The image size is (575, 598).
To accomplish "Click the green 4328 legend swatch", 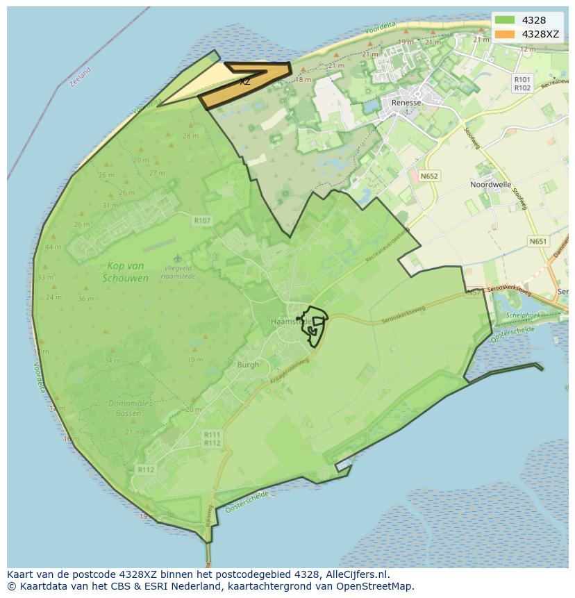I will click(505, 20).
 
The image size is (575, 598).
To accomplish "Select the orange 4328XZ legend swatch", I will click(505, 34).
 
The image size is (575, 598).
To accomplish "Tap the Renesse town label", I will click(406, 102).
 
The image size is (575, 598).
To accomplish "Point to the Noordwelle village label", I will click(490, 185).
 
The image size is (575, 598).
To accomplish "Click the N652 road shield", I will click(429, 176).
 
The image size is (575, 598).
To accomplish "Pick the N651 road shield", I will click(537, 242).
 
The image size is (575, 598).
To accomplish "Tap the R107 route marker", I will click(202, 221).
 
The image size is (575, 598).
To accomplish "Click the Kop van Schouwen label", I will click(126, 272).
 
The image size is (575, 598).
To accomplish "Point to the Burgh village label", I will click(247, 365).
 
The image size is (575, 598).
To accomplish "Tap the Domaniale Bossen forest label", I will click(128, 408).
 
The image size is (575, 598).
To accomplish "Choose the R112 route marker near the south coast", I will click(145, 470).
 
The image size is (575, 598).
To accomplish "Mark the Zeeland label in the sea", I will click(81, 76).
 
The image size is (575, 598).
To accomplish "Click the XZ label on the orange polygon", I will click(245, 82).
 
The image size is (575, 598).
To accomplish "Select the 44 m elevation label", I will click(53, 247).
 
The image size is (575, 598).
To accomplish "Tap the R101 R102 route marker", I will click(522, 84).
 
